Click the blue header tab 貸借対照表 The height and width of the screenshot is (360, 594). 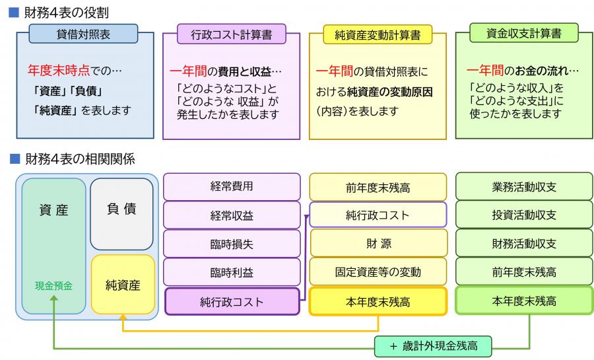(x=84, y=34)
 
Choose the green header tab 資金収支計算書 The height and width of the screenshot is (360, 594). (x=523, y=33)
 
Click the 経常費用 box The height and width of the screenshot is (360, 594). (x=231, y=186)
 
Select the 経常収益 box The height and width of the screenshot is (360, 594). (x=231, y=215)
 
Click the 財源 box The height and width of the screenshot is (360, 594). (x=378, y=244)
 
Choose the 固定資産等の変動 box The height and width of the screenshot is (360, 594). (x=378, y=272)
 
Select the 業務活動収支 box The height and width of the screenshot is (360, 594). (x=524, y=187)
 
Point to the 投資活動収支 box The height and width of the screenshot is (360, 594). (x=524, y=215)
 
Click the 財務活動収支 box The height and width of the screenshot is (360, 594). (x=524, y=244)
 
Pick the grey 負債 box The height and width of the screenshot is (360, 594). (x=121, y=213)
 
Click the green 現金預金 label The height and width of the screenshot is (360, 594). (x=53, y=286)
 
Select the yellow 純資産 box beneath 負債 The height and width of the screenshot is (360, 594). (x=123, y=285)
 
